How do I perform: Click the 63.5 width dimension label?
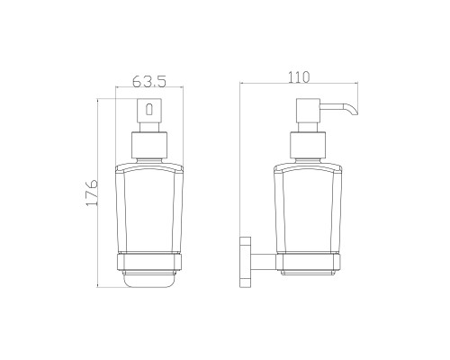[149, 81]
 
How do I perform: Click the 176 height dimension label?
[92, 193]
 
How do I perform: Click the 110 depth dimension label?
[299, 76]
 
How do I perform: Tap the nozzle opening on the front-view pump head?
[149, 109]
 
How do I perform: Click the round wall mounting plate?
[245, 262]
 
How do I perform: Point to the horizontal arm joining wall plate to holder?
[264, 262]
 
